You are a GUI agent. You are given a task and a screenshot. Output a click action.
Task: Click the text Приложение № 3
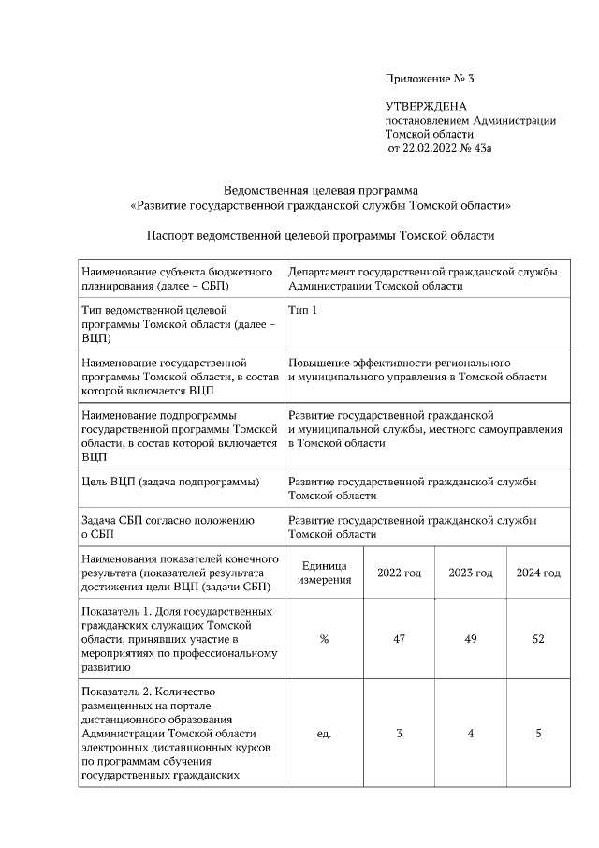[x=436, y=78]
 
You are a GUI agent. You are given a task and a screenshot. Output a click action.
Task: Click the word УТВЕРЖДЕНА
[x=426, y=107]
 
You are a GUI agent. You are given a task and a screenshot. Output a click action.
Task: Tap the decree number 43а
[x=505, y=148]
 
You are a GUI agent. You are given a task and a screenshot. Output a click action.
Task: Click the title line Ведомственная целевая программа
[x=321, y=190]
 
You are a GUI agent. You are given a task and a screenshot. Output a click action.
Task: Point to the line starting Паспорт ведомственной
[x=321, y=235]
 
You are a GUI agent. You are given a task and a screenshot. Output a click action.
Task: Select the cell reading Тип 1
[x=302, y=310]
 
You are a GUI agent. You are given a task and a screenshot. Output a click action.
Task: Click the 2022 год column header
[x=399, y=573]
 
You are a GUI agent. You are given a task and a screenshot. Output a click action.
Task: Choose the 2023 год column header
[x=470, y=573]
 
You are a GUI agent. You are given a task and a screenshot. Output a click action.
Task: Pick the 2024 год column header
[x=538, y=573]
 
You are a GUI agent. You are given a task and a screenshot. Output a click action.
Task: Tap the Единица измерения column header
[x=324, y=573]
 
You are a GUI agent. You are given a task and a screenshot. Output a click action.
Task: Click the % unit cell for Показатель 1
[x=324, y=639]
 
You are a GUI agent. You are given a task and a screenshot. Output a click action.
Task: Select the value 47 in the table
[x=399, y=639]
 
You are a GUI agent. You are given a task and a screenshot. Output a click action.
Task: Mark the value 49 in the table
[x=470, y=639]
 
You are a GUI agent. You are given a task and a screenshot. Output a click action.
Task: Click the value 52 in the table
[x=538, y=639]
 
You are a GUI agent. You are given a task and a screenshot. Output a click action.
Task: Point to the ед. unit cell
[x=324, y=734]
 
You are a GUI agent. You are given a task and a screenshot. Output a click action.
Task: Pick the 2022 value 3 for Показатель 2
[x=399, y=734]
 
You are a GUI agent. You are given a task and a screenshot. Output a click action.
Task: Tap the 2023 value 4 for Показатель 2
[x=470, y=734]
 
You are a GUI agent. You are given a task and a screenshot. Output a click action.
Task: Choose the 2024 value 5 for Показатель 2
[x=538, y=734]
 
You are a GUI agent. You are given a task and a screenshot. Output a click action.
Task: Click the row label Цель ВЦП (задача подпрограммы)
[x=170, y=482]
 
